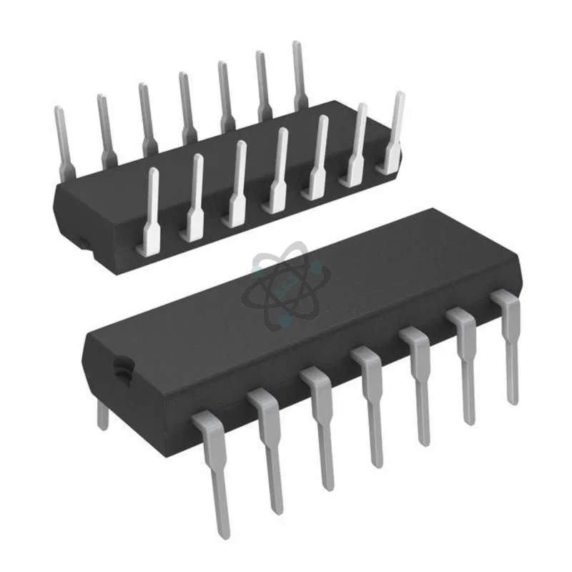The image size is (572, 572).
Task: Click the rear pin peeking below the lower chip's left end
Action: click(x=102, y=413)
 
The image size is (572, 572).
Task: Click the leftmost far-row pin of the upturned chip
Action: click(x=63, y=139)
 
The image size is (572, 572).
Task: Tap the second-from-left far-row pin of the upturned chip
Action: click(x=105, y=129)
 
